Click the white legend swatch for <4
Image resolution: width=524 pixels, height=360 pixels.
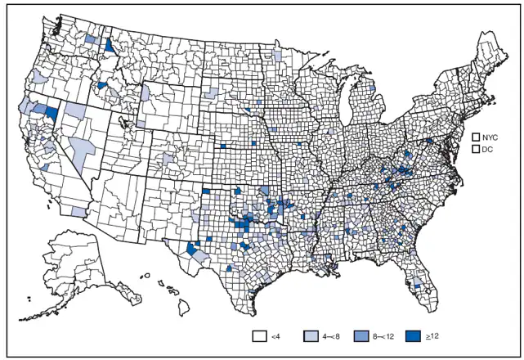coord(261,335)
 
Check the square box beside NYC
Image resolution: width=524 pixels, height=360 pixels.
coord(476,136)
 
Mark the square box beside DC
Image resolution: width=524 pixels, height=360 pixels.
coord(476,151)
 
